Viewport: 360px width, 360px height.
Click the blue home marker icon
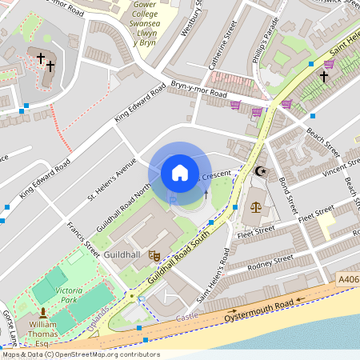tap(179, 172)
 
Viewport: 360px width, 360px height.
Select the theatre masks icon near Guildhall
tap(154, 254)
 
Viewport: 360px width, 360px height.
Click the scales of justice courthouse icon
tap(255, 206)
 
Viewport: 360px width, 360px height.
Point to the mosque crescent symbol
tap(258, 170)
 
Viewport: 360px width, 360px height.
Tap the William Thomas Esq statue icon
tap(42, 310)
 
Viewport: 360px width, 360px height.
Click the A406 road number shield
tap(348, 279)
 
